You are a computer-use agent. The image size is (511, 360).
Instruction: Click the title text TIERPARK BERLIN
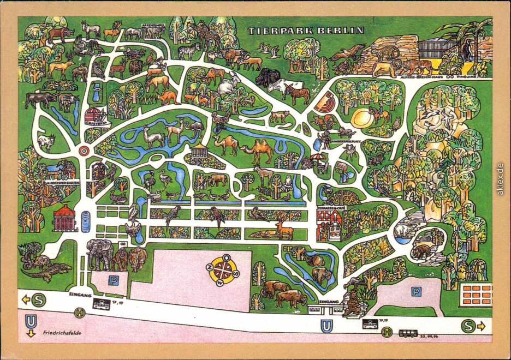[x=306, y=31]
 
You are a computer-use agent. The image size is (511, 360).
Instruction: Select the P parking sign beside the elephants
[x=114, y=281]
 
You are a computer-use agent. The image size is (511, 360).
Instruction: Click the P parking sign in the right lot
[x=416, y=292]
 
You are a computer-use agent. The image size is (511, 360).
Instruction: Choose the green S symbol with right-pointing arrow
[x=468, y=326]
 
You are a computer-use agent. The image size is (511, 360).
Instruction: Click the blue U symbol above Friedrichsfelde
[x=31, y=320]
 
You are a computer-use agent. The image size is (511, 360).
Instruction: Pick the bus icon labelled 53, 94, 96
[x=408, y=333]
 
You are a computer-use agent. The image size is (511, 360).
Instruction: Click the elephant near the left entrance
[x=99, y=252]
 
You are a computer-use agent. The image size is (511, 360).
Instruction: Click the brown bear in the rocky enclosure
[x=421, y=252]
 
